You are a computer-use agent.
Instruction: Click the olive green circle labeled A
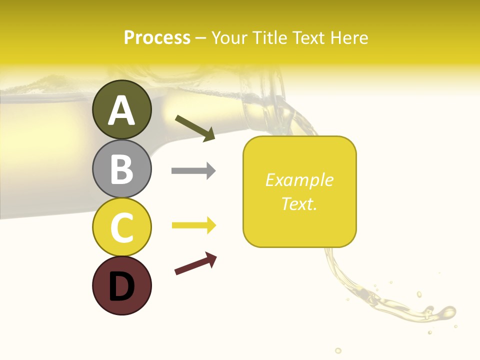point(121,109)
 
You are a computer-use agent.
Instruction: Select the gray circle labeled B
point(121,168)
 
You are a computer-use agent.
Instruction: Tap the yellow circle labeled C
point(121,227)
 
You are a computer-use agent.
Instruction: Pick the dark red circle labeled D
point(121,285)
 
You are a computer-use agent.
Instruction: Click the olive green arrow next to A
point(195,128)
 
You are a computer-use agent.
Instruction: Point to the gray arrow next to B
point(193,171)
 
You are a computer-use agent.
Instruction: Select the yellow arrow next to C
point(194,225)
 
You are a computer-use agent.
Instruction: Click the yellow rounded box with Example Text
point(299,191)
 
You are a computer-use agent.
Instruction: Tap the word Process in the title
point(157,37)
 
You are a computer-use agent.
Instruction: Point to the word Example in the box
point(299,180)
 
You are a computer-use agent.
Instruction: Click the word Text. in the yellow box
point(299,204)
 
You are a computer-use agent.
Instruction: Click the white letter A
point(121,110)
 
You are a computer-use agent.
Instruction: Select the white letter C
point(121,227)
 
